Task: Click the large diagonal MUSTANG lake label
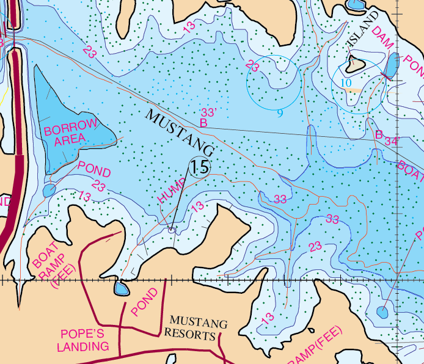(181, 133)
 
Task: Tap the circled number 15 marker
(199, 167)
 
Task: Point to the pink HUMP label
(170, 191)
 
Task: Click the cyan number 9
(280, 113)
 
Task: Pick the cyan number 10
(346, 82)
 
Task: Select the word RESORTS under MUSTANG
(193, 335)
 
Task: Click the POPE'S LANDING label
(83, 340)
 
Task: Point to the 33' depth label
(209, 113)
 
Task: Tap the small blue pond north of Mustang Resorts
(120, 288)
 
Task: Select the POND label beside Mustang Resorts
(144, 302)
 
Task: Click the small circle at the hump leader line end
(172, 230)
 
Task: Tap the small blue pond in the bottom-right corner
(382, 312)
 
